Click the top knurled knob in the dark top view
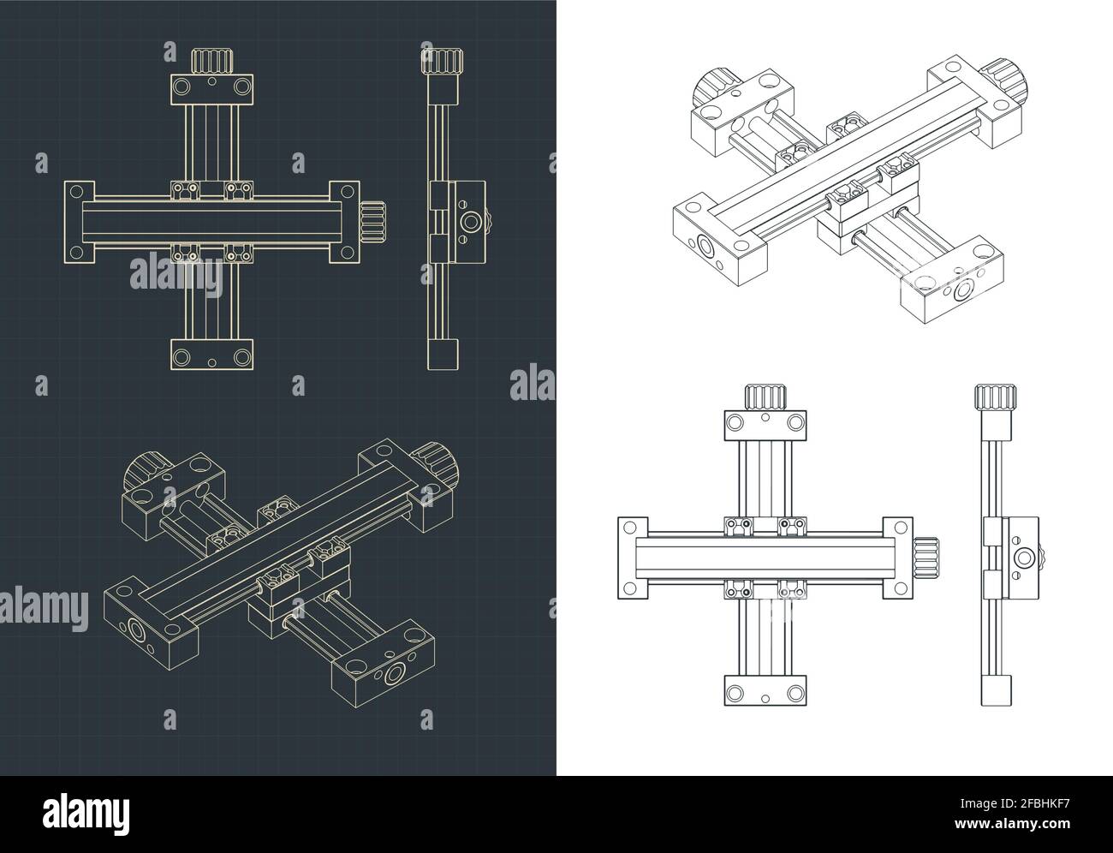(212, 63)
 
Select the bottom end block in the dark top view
(212, 355)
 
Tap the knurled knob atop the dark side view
(442, 63)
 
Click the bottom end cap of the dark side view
(443, 354)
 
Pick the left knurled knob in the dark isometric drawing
(146, 476)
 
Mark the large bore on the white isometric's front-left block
(705, 248)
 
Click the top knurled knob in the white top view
(765, 398)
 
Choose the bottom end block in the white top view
(765, 690)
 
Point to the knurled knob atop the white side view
(995, 398)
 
